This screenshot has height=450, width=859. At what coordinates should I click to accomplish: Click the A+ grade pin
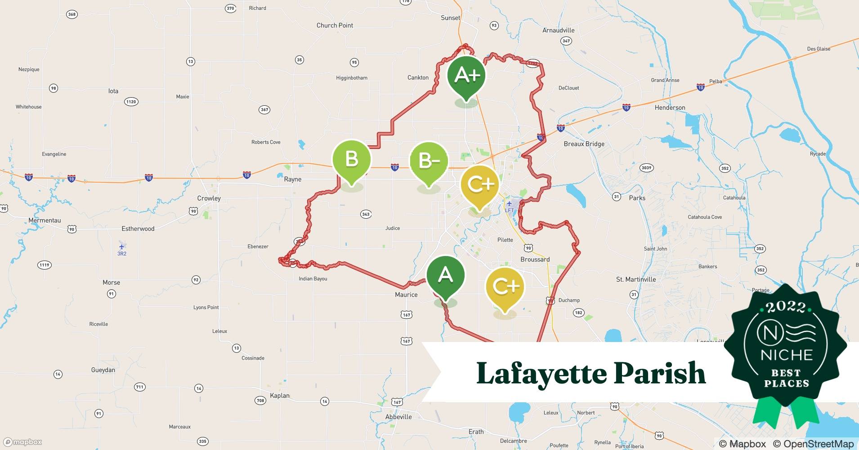tap(467, 76)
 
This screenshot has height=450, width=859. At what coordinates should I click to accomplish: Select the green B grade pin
tap(351, 160)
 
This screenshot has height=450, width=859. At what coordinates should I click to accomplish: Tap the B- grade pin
tap(429, 161)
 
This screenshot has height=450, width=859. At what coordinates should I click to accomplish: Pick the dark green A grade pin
tap(445, 275)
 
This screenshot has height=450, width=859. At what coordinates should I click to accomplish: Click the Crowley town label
tap(209, 198)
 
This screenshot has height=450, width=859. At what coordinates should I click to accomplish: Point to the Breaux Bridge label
tap(584, 144)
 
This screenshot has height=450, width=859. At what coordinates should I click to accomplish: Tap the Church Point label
tap(335, 26)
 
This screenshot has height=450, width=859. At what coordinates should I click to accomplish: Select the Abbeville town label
tap(398, 417)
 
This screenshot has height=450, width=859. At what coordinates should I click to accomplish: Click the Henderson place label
tap(670, 108)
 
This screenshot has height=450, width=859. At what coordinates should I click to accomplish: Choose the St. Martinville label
tap(636, 279)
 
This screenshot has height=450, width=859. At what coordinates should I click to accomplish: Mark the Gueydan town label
tap(103, 370)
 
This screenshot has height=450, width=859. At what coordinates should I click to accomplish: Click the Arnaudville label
tap(558, 31)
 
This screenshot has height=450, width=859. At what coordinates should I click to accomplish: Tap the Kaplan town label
tap(280, 396)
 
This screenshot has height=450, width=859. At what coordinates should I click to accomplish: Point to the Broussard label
tap(535, 260)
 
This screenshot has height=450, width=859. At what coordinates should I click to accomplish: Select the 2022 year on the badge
tap(786, 307)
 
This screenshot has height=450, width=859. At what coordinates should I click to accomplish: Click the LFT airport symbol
tap(509, 204)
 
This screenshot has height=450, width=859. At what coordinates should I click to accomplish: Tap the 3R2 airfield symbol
tap(121, 247)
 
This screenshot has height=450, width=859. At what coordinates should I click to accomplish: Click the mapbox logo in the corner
tap(23, 442)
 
